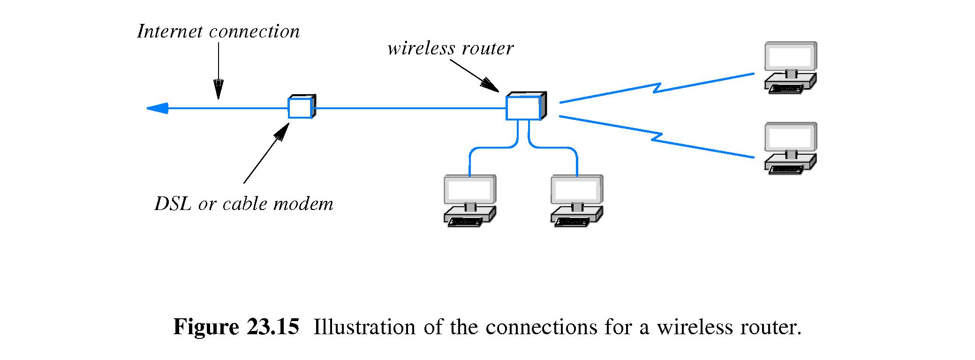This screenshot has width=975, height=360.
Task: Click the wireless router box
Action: [x=523, y=107]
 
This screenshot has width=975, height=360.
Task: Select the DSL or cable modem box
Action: [x=300, y=107]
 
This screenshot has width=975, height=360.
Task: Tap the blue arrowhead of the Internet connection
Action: [x=158, y=108]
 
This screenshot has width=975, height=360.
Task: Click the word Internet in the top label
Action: [x=170, y=31]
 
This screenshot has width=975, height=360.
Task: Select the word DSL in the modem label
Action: [x=172, y=204]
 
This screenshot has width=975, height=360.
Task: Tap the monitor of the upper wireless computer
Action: [x=790, y=56]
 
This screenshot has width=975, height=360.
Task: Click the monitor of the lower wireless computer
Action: [x=790, y=137]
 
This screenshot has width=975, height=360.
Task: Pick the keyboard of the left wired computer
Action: [x=466, y=222]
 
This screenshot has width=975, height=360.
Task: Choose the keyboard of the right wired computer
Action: [x=573, y=222]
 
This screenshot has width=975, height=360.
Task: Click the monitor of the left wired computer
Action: [x=469, y=189]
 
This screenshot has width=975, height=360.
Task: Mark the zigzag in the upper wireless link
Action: [x=658, y=88]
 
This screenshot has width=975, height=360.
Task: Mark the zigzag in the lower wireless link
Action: [x=658, y=137]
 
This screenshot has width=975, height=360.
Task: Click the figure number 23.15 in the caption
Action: [x=272, y=327]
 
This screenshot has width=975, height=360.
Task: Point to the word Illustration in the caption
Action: [x=364, y=327]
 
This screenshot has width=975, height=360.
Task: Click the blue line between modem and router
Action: [x=408, y=108]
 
